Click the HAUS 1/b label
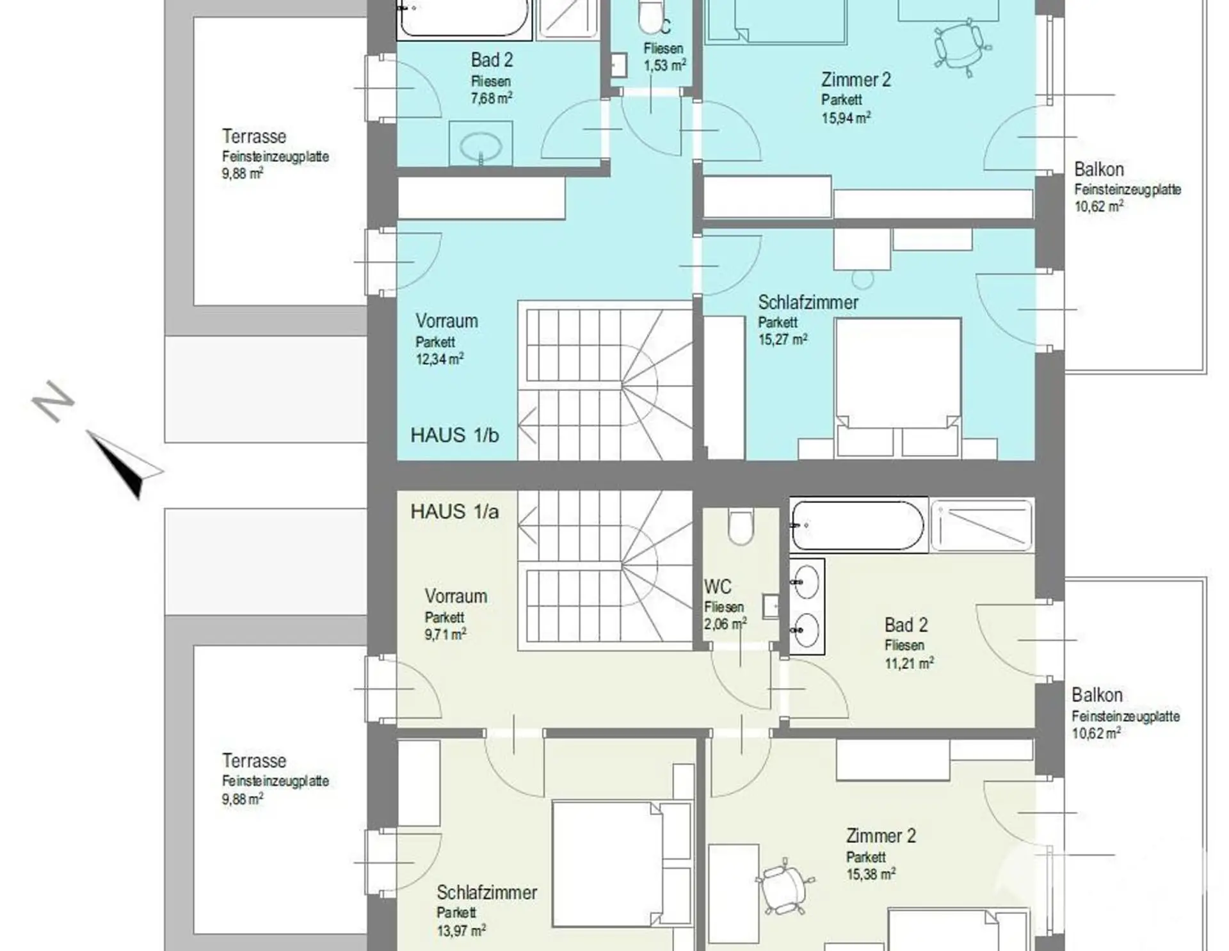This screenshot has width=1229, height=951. (454, 435)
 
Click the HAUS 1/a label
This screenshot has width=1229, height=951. (454, 512)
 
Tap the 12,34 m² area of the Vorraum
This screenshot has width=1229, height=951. (440, 358)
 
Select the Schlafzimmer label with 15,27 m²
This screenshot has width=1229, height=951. (808, 302)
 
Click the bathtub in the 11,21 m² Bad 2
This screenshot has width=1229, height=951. (858, 525)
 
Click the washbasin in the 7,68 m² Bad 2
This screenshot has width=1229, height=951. (481, 145)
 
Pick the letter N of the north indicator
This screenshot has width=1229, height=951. (53, 401)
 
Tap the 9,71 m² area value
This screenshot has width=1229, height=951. (445, 634)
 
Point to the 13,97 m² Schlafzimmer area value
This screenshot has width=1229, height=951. (461, 931)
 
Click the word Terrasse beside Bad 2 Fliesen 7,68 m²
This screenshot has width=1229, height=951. (254, 136)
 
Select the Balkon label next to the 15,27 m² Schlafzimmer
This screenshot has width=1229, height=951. (1099, 170)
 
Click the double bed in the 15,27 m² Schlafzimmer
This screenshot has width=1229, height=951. (898, 386)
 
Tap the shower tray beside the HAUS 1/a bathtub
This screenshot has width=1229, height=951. (981, 525)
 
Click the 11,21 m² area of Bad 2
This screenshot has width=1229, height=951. (909, 663)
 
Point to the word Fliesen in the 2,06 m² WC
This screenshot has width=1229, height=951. (724, 607)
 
